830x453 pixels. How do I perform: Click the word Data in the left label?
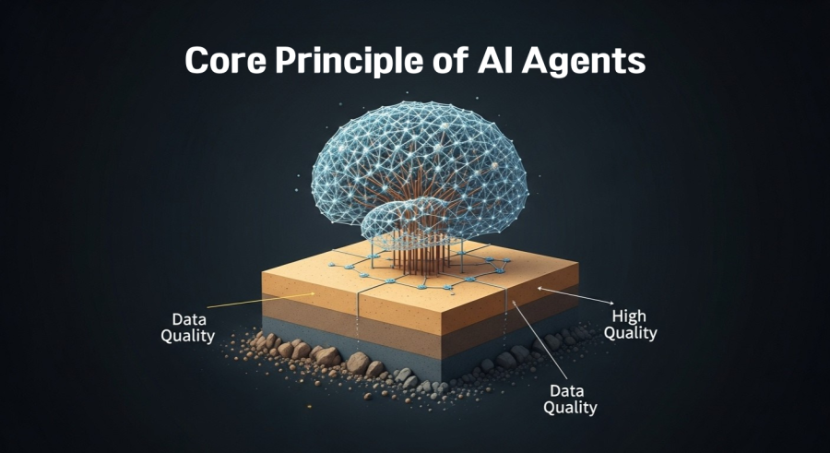point(188,319)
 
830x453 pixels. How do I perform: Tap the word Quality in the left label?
point(188,337)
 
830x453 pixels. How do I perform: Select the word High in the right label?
point(629,316)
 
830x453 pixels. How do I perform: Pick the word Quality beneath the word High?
point(631,333)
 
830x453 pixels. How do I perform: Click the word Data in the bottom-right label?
point(567,391)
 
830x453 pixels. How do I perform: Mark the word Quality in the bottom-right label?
point(570,408)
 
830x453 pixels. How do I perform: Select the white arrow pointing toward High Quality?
point(575,295)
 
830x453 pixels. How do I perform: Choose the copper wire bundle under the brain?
point(421,249)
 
